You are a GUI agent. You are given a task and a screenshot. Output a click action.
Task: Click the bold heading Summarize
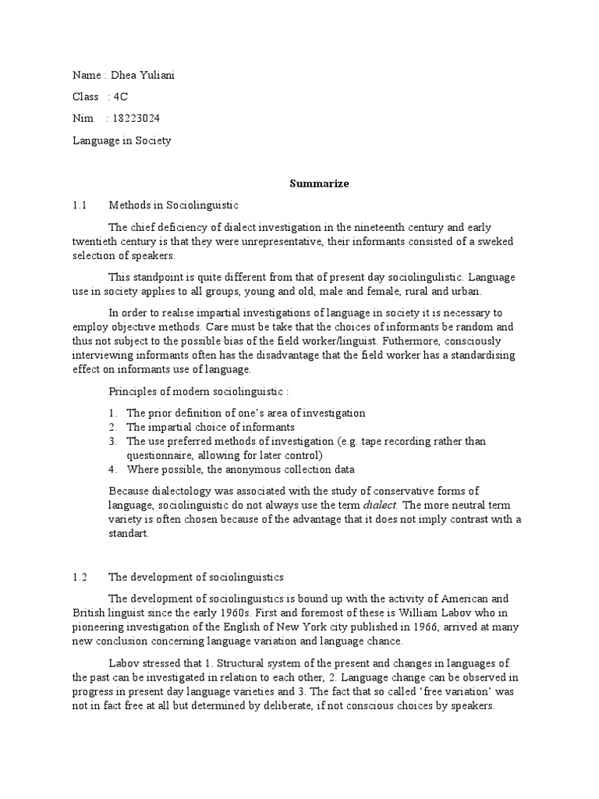pyautogui.click(x=320, y=184)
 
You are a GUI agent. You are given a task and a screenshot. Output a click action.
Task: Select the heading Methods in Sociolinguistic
pyautogui.click(x=173, y=205)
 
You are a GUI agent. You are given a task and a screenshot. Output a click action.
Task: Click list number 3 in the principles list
pyautogui.click(x=112, y=442)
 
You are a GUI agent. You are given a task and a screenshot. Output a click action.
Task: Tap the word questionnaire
pyautogui.click(x=159, y=455)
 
